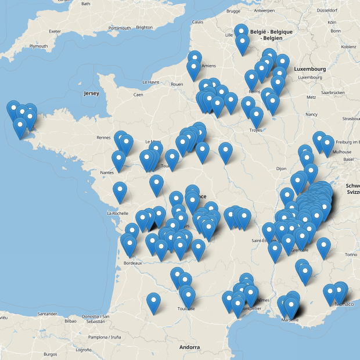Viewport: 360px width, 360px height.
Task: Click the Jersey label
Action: point(91,93)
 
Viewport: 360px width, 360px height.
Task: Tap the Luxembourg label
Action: point(309,69)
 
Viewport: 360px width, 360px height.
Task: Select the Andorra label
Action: point(190,347)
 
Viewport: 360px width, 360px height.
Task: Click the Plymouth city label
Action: point(38,46)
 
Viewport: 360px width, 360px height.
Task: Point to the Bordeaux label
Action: point(133,263)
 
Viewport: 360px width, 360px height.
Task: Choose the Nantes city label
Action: point(106,172)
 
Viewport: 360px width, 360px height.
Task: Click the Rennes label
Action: point(104,138)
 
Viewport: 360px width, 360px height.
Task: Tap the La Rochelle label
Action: point(117,213)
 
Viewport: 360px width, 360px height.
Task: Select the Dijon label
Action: point(281,168)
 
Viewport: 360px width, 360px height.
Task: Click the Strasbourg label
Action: point(351,118)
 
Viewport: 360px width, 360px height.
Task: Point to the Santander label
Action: point(46,314)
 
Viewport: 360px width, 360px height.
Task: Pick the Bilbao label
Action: point(71,321)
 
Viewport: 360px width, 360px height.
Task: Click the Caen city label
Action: point(138,95)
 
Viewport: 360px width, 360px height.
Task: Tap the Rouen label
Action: point(177,84)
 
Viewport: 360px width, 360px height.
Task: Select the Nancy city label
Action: point(312,114)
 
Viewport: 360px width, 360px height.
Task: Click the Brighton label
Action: point(144,27)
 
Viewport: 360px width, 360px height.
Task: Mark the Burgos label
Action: point(51,354)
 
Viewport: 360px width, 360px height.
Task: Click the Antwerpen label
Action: point(264,10)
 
